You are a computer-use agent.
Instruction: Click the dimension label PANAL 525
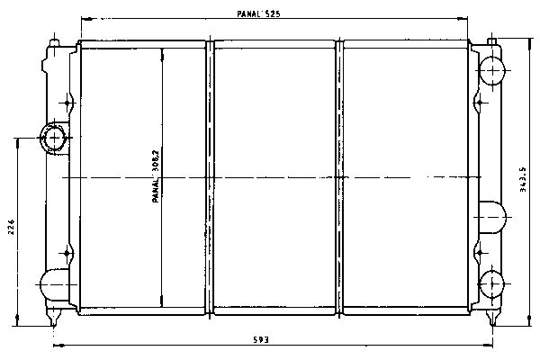pos(258,13)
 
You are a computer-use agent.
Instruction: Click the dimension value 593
pos(261,340)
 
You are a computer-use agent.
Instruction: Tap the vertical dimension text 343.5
pos(523,179)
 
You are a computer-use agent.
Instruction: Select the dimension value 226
pos(12,227)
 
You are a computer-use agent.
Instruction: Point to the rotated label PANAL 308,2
pos(156,175)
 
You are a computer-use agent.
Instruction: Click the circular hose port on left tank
pos(54,138)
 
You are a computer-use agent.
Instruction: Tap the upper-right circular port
pos(492,70)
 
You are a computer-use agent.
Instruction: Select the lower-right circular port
pos(491,284)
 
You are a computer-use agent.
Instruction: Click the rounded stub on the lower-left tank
pos(54,284)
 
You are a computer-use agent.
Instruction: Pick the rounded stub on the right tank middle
pos(492,218)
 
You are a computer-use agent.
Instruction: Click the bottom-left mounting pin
pos(53,318)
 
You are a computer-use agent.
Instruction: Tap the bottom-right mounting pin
pos(492,318)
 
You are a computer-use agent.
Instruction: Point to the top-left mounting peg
pos(54,42)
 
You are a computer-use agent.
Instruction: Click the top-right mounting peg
pos(491,41)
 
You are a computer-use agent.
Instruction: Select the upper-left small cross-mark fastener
pos(67,103)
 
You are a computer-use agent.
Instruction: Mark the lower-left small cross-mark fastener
pos(67,253)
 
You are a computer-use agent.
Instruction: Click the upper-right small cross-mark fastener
pos(479,103)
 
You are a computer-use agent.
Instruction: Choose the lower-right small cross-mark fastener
pos(479,253)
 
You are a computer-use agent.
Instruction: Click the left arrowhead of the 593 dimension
pos(58,345)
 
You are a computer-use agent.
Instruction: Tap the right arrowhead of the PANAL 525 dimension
pos(463,19)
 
